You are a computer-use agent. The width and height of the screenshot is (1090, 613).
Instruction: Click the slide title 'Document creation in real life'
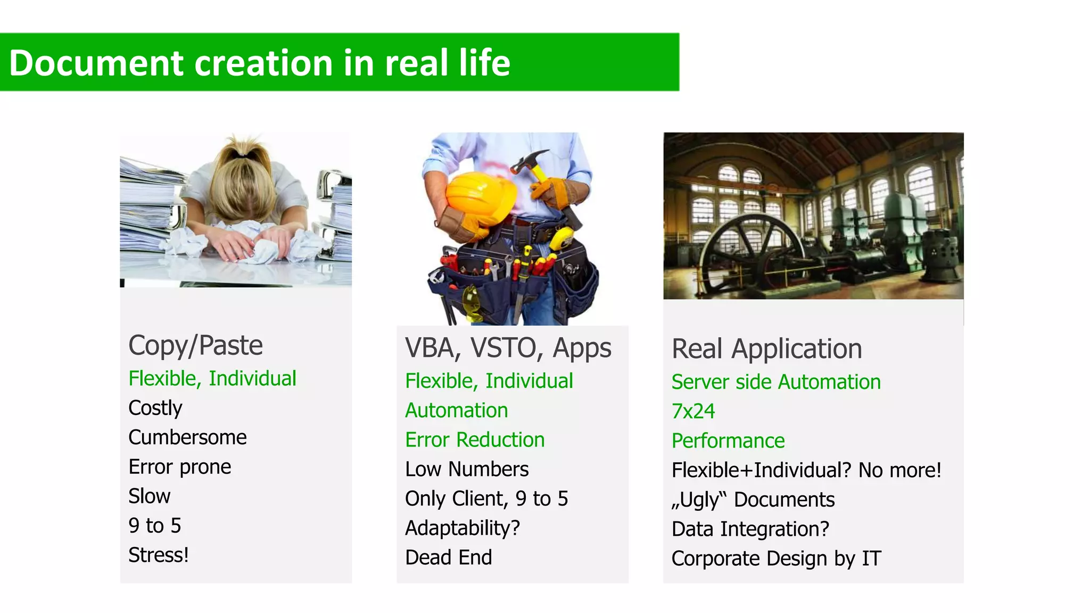coord(259,63)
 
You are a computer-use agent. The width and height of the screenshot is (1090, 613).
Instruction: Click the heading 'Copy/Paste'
coord(195,345)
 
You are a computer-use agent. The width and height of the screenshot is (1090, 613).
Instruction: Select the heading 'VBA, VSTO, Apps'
coord(508,348)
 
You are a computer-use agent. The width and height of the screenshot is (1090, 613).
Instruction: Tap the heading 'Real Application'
coord(766,349)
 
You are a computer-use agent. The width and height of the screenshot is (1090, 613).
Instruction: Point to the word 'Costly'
coord(155,408)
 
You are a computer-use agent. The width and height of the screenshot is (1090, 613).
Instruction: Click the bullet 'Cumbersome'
coord(187,437)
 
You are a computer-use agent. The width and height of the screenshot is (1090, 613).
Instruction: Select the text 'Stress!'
coord(158,555)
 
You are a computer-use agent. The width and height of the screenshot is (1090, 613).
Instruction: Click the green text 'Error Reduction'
coord(474,440)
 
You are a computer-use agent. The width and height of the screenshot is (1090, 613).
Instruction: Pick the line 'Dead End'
coord(448,558)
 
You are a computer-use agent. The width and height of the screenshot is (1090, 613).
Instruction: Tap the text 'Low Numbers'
coord(466,469)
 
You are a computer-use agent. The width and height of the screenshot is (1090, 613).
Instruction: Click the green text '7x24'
coord(692,411)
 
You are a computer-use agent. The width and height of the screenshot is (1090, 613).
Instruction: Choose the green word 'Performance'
coord(728,441)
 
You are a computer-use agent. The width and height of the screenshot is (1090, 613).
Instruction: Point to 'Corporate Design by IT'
coord(776,559)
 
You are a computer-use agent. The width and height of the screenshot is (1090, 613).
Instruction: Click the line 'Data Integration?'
coord(750,529)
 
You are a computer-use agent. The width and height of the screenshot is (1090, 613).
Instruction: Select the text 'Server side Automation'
coord(775,382)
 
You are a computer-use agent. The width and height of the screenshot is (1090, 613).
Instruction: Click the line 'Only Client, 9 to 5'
coord(486,499)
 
